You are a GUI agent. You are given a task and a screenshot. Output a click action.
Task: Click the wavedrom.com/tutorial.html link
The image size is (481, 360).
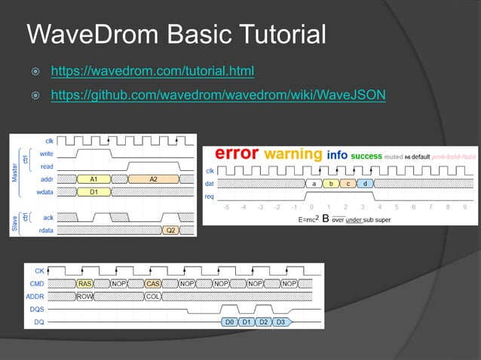click(x=152, y=72)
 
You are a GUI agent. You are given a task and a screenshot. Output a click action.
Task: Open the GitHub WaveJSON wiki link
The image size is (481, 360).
click(x=218, y=96)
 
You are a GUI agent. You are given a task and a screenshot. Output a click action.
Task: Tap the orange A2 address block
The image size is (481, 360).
click(x=153, y=179)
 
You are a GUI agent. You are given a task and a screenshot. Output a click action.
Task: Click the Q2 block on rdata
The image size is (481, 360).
click(x=171, y=230)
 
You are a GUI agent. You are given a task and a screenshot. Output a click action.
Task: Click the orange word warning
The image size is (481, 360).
click(x=293, y=154)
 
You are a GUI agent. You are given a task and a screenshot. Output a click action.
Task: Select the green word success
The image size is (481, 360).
click(x=366, y=156)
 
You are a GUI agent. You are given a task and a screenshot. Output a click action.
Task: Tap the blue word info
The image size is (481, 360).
click(x=337, y=155)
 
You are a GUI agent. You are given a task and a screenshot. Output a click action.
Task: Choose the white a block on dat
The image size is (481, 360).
click(x=313, y=183)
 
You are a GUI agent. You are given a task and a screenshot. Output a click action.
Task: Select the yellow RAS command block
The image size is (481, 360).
click(x=85, y=284)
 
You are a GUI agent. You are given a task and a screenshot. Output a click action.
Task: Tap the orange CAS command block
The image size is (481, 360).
click(x=153, y=284)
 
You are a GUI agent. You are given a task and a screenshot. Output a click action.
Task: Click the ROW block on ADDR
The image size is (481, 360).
click(x=84, y=296)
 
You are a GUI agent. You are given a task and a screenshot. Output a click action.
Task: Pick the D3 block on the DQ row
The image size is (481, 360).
click(x=280, y=322)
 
